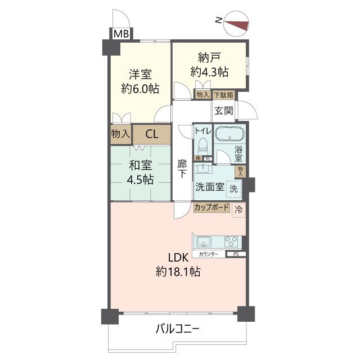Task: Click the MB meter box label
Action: (x=121, y=34)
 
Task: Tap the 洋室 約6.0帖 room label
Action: (x=140, y=81)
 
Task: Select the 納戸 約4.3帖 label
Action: (x=209, y=64)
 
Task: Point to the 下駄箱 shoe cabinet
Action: (x=223, y=95)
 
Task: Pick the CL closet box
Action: (x=151, y=134)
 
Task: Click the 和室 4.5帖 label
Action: (x=140, y=173)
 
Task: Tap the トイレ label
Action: (x=202, y=131)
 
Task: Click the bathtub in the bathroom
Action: (x=229, y=136)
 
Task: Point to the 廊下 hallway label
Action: (x=182, y=169)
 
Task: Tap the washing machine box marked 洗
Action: (x=233, y=190)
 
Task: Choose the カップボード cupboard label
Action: (x=211, y=208)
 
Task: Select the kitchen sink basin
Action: (x=203, y=242)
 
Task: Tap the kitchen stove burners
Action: (x=231, y=242)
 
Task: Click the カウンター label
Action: (x=208, y=255)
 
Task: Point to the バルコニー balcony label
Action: (x=177, y=328)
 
